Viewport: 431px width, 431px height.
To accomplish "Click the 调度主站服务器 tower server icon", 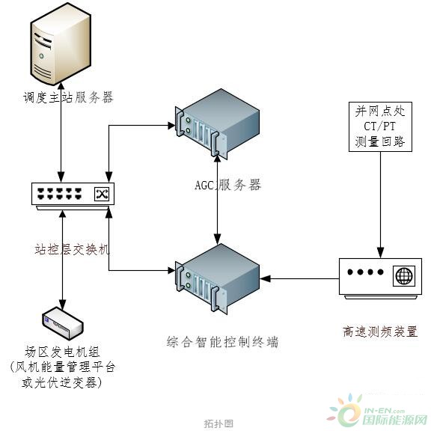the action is [x=61, y=44].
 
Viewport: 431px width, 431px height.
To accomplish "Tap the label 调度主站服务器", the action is [x=68, y=97].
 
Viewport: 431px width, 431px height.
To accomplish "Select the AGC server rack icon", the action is [x=217, y=123].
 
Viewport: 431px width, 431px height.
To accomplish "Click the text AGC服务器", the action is [x=228, y=185].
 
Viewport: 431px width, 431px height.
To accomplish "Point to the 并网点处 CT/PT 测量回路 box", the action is [x=380, y=126].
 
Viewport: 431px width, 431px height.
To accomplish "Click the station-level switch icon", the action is [x=73, y=196].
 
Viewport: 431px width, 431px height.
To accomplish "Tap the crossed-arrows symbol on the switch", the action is [x=102, y=194].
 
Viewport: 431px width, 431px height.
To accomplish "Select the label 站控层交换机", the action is [x=72, y=249].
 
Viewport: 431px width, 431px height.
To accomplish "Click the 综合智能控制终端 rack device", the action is [x=217, y=279].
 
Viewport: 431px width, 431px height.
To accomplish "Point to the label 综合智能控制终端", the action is [x=223, y=342].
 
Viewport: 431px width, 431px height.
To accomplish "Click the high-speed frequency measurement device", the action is [x=380, y=278].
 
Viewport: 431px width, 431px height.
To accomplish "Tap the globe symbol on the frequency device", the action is [x=404, y=275].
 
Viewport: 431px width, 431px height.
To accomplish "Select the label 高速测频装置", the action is [x=380, y=331].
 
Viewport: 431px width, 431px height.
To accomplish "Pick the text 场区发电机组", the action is [x=62, y=352].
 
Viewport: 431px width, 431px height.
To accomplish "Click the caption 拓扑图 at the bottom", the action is [x=218, y=424].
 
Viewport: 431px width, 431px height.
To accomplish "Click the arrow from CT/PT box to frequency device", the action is [x=380, y=205].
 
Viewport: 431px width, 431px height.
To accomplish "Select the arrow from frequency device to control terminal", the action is [x=299, y=278].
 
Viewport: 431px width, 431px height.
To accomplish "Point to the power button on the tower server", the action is [x=41, y=56].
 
